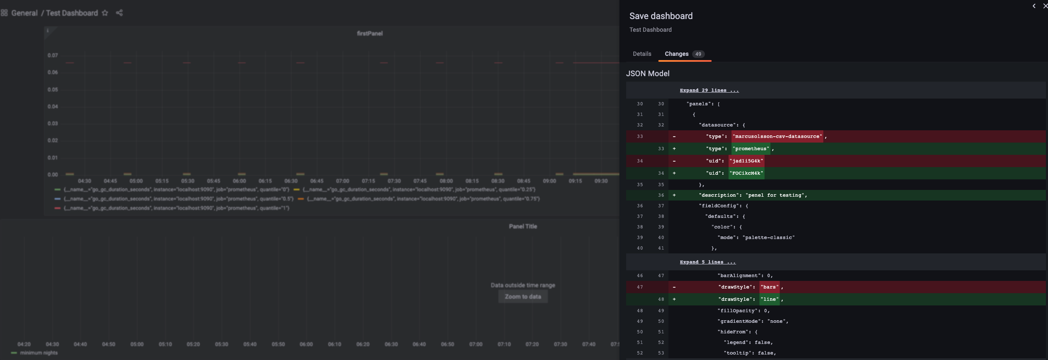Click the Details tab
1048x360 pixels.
click(642, 54)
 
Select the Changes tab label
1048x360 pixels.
click(676, 54)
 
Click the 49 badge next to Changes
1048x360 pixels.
click(698, 54)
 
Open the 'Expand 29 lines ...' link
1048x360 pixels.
click(709, 90)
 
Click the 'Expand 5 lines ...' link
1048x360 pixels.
click(707, 262)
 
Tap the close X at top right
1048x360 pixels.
click(1045, 6)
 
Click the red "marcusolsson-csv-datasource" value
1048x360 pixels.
click(777, 136)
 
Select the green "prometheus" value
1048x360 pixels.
click(751, 148)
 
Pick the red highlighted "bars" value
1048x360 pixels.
click(769, 287)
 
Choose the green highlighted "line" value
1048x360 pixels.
click(769, 299)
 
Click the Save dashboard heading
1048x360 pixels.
click(661, 16)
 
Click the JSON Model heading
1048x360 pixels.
click(647, 74)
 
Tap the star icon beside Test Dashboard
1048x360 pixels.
click(105, 13)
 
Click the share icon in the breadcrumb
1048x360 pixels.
click(119, 13)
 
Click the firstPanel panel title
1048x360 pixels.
click(369, 33)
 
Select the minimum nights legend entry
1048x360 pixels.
click(39, 353)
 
